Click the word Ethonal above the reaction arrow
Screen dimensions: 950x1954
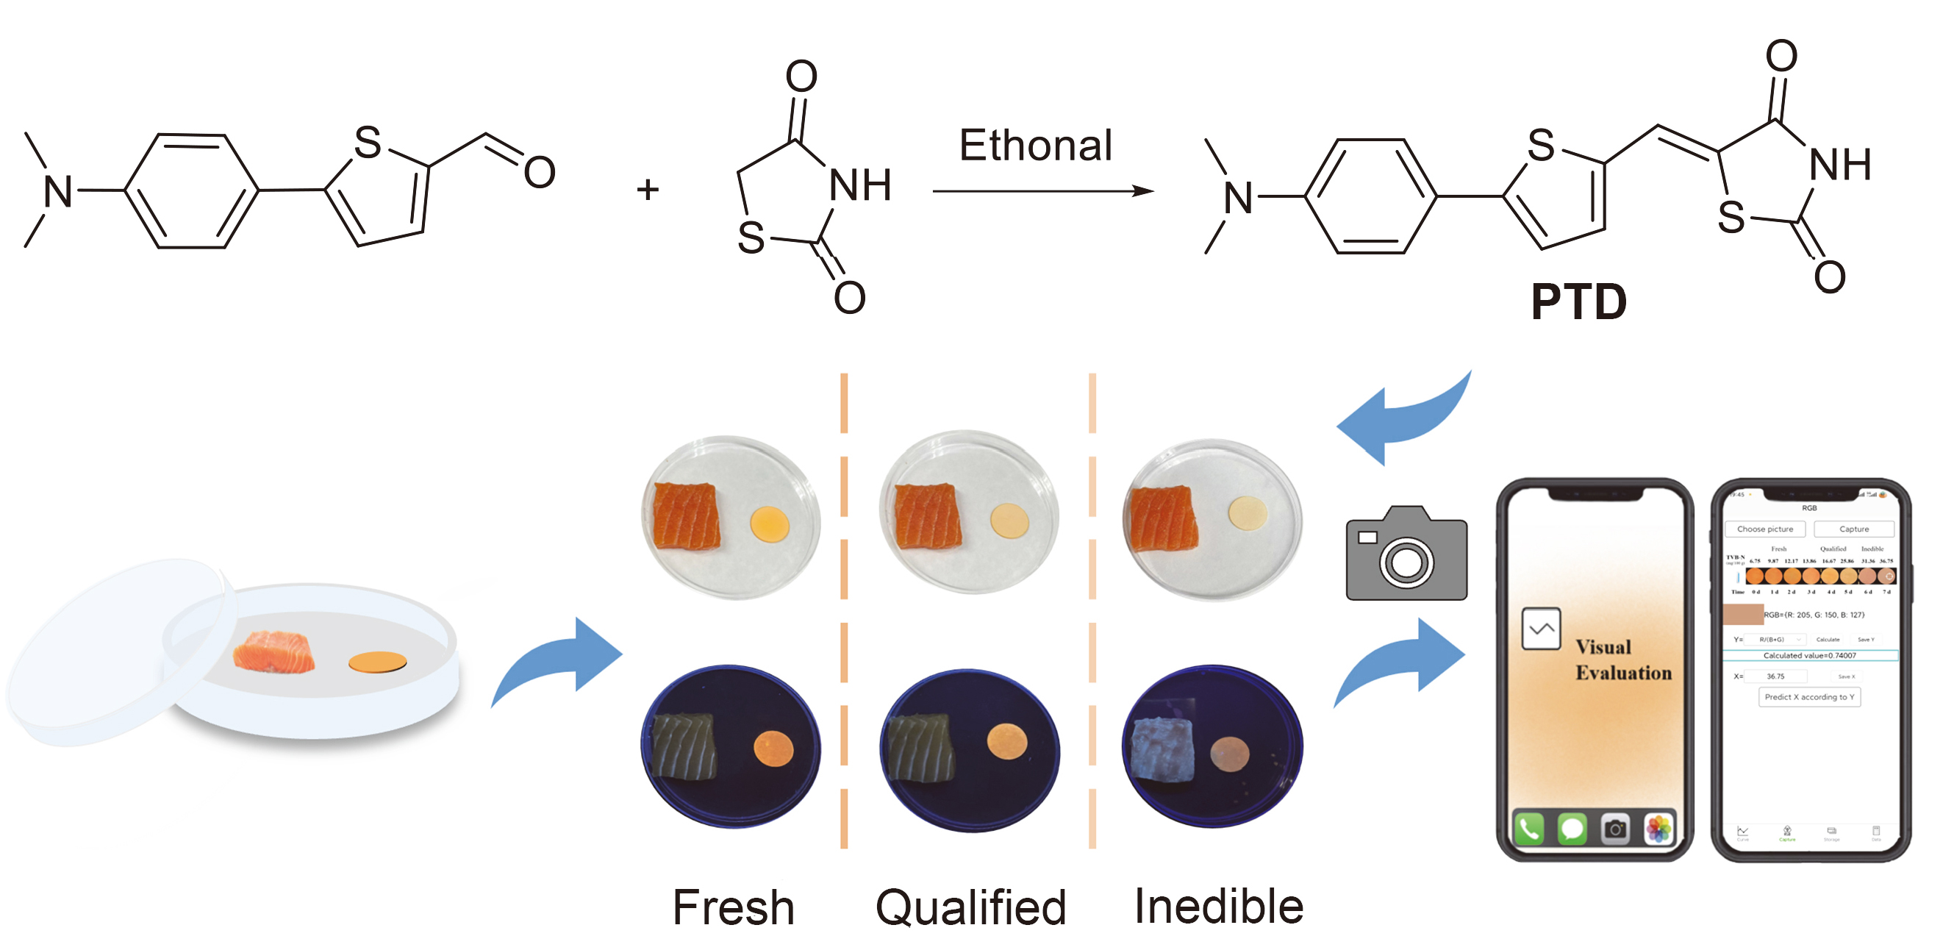click(1035, 145)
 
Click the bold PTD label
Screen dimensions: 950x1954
click(1578, 302)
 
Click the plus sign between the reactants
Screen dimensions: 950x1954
click(647, 189)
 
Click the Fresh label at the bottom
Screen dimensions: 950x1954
click(733, 907)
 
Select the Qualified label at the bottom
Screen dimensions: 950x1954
click(970, 907)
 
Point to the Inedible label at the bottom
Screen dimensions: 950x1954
click(1218, 905)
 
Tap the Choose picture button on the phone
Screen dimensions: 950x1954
click(1764, 529)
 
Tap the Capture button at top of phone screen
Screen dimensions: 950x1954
click(1853, 529)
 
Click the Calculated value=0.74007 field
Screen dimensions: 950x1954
click(1809, 655)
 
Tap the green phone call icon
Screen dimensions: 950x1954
click(1528, 829)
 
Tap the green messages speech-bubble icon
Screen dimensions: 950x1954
click(1572, 829)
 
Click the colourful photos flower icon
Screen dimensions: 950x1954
click(1658, 829)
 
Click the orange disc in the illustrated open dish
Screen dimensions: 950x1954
click(377, 662)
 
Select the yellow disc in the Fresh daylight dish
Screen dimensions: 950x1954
click(769, 524)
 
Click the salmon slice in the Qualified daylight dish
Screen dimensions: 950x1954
click(927, 516)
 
